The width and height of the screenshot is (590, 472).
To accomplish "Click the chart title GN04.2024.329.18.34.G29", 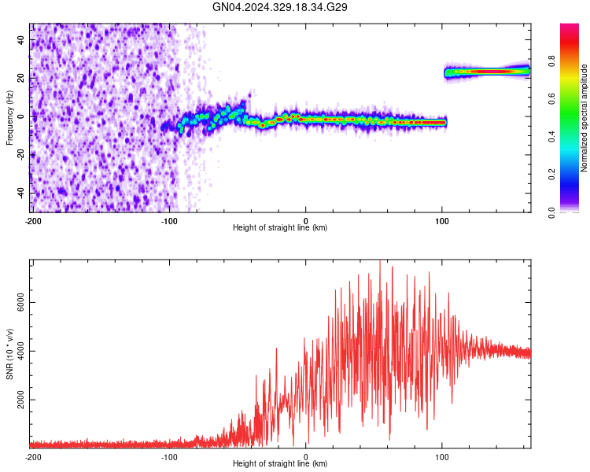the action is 279,7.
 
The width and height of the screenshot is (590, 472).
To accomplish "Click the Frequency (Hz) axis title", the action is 9,118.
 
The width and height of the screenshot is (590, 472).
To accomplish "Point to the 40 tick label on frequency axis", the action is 20,40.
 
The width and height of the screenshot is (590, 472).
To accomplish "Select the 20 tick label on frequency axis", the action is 20,78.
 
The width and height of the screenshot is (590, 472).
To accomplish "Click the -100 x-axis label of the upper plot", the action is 169,221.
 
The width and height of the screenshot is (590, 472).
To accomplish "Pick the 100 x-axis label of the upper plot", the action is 442,221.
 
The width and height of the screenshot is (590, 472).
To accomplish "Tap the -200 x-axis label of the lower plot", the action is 33,457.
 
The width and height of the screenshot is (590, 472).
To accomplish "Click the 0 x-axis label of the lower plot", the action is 305,457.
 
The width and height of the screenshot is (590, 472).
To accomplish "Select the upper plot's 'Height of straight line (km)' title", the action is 280,227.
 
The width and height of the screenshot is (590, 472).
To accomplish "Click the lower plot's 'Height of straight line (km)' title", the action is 280,463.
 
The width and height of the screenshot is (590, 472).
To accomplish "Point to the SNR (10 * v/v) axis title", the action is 9,354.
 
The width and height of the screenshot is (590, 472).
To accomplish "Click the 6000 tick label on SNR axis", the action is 20,302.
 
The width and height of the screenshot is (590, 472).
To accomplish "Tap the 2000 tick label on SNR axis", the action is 20,400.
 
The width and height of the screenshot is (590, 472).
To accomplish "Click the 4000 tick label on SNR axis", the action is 20,351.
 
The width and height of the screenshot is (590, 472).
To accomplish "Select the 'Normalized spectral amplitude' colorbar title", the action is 584,118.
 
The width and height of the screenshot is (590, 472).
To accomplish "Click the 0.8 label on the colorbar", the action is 552,61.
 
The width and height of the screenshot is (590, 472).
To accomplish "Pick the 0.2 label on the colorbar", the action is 552,175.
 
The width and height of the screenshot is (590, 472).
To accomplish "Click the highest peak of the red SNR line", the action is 380,260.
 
